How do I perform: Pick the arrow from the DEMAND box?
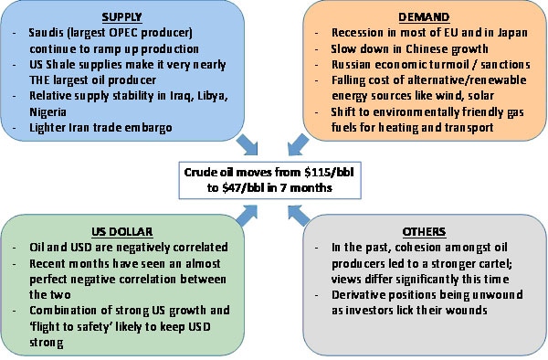tap(301, 141)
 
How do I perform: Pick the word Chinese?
tap(428, 48)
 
